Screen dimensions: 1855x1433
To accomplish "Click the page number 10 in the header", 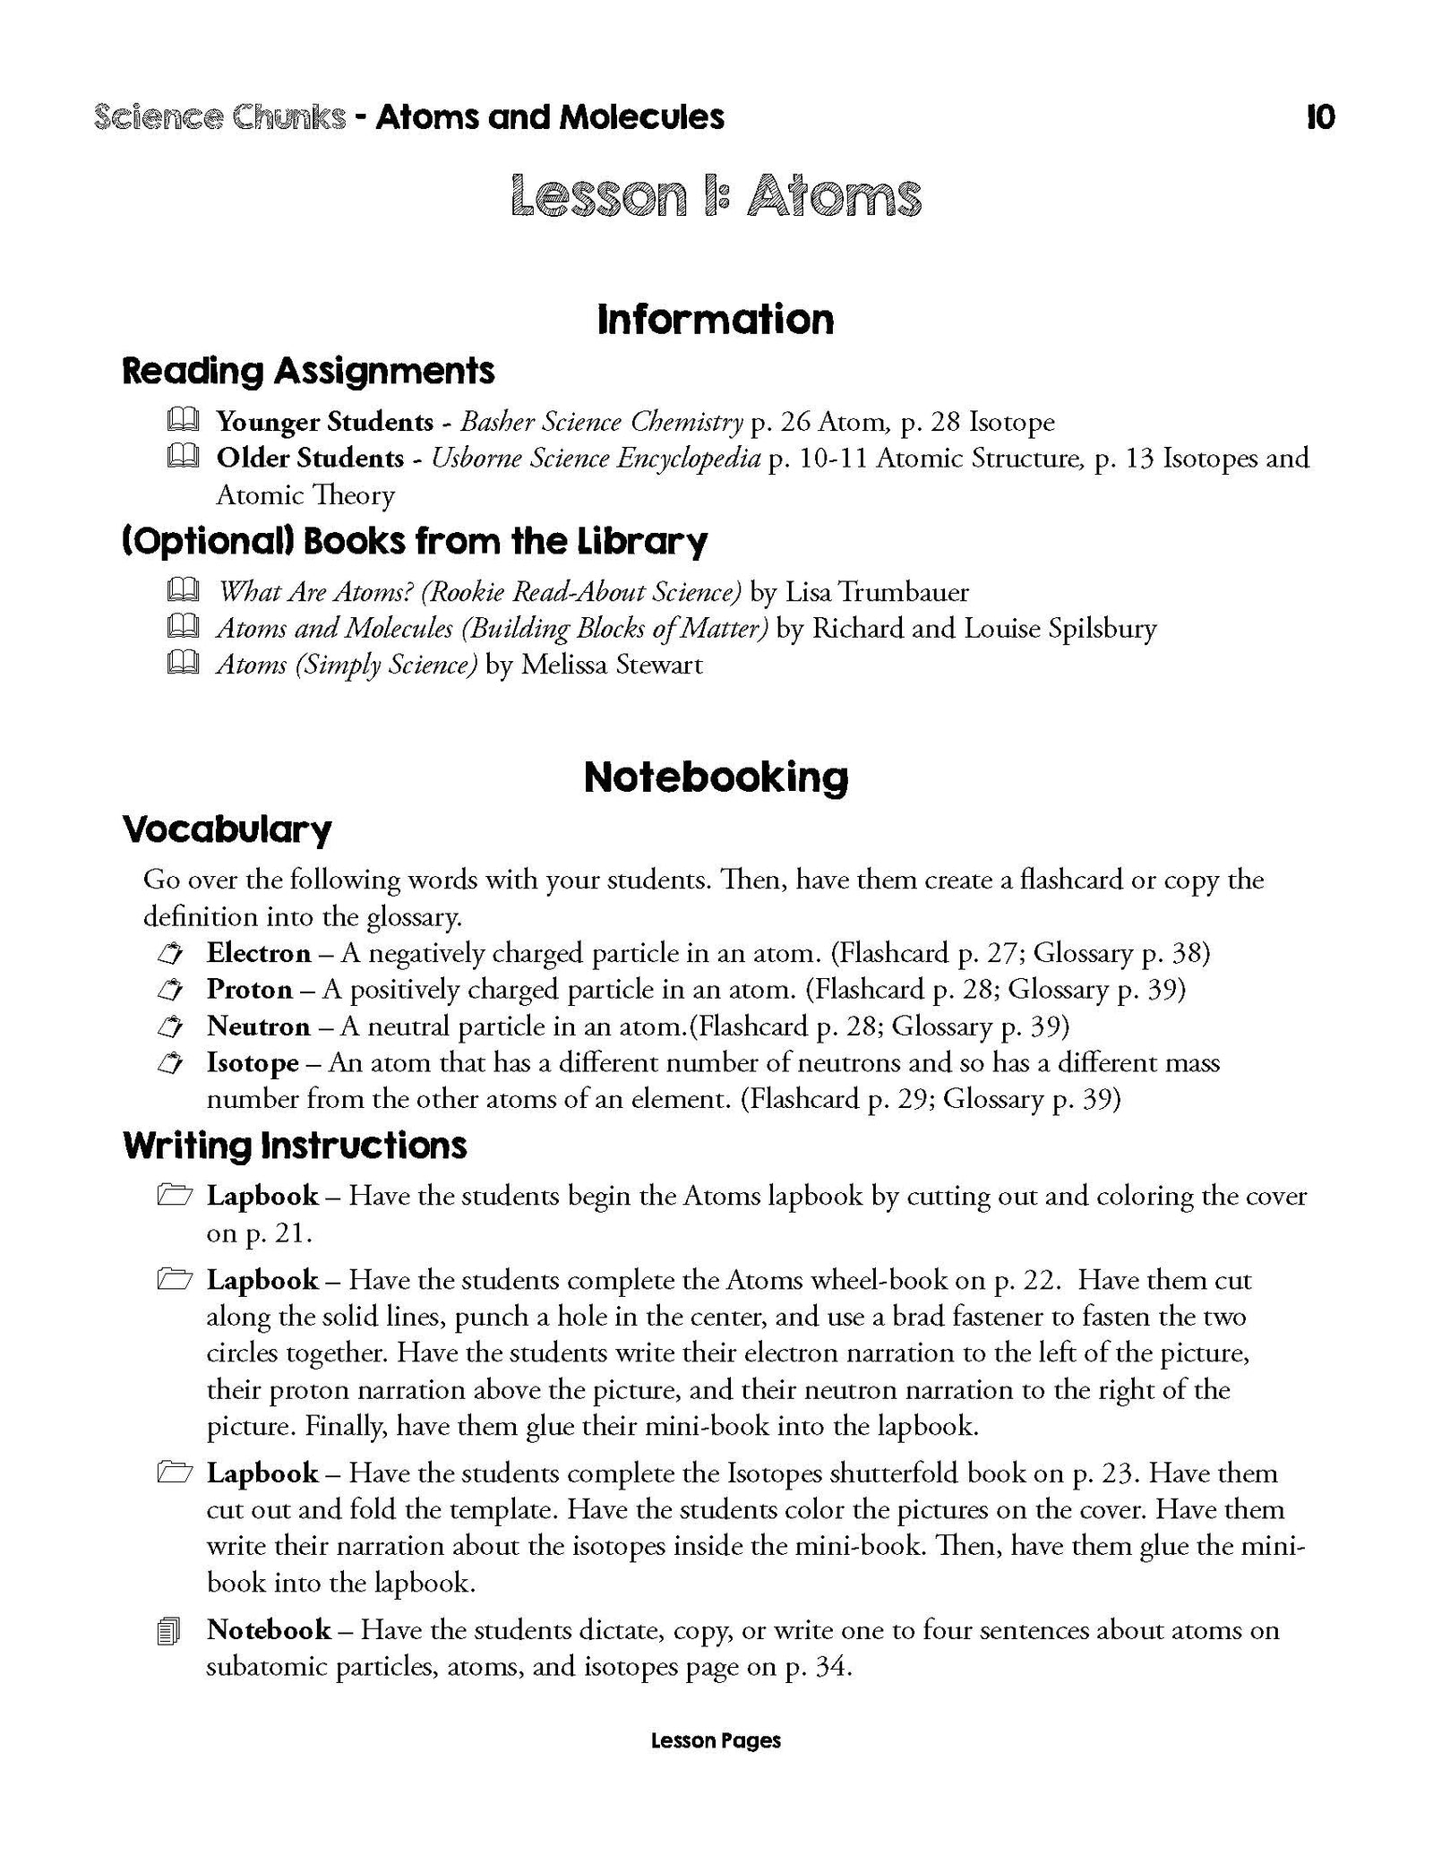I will click(x=1320, y=117).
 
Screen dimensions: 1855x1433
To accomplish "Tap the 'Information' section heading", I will click(x=716, y=320).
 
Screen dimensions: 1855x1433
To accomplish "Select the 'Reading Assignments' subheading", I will click(x=308, y=371).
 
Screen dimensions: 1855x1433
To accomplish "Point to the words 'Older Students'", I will click(x=310, y=458).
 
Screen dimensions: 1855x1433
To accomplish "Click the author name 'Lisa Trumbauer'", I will click(x=877, y=592).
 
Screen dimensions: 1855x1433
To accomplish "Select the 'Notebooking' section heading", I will click(x=716, y=777).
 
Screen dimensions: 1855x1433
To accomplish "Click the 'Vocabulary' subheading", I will click(x=227, y=829).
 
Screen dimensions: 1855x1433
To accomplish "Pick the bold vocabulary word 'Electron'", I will click(x=259, y=953).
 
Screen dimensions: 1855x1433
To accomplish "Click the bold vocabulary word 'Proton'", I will click(x=249, y=990).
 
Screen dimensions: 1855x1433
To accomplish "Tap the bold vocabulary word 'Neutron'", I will click(x=258, y=1026).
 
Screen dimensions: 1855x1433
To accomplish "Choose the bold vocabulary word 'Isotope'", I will click(x=253, y=1063).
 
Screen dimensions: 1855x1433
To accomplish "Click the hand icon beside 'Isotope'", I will click(x=170, y=1064).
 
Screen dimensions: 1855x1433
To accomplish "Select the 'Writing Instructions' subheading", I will click(x=295, y=1146).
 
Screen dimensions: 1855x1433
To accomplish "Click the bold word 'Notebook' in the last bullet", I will click(x=269, y=1629).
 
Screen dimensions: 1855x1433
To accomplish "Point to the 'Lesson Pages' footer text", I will click(x=716, y=1766).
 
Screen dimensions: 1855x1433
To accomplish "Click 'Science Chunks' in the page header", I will click(x=219, y=117).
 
